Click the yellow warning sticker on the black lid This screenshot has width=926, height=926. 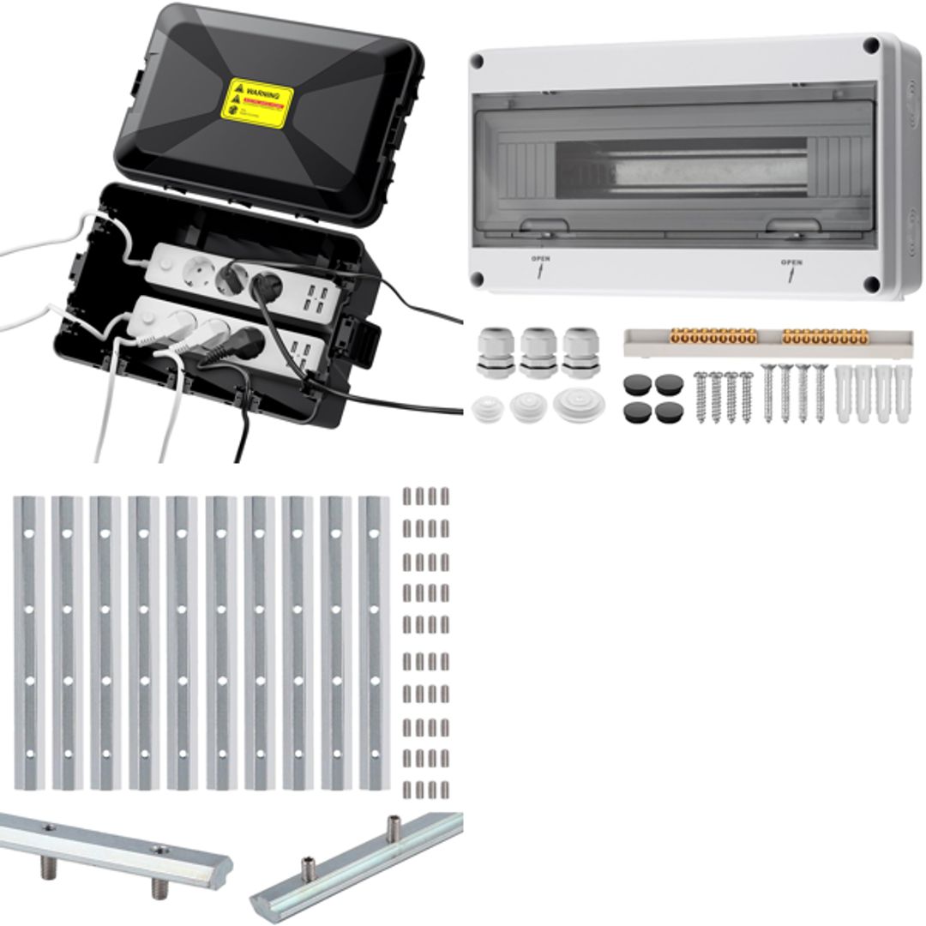point(259,103)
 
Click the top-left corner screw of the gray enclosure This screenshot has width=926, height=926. point(478,61)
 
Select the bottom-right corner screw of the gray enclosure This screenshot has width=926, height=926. point(872,285)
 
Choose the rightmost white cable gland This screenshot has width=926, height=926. point(579,349)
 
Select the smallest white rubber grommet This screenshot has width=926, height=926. point(490,408)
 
